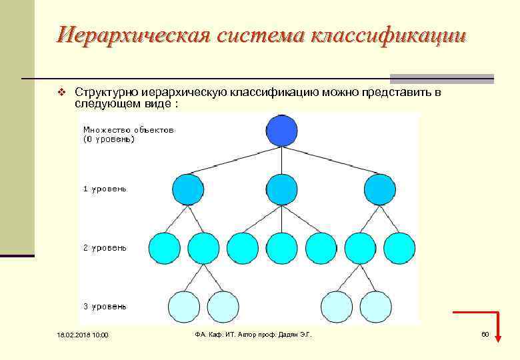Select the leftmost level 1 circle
click(x=187, y=189)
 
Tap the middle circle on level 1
click(x=282, y=189)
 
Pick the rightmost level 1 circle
click(x=380, y=189)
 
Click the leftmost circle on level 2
click(x=164, y=248)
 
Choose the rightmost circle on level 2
click(x=400, y=248)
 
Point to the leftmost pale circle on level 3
click(x=183, y=307)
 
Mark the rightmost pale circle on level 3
click(x=377, y=307)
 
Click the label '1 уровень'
click(x=105, y=189)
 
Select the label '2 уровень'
click(x=105, y=248)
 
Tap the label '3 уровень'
click(x=105, y=307)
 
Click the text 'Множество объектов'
click(x=128, y=130)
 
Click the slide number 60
click(x=485, y=334)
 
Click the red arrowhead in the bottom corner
click(x=497, y=340)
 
